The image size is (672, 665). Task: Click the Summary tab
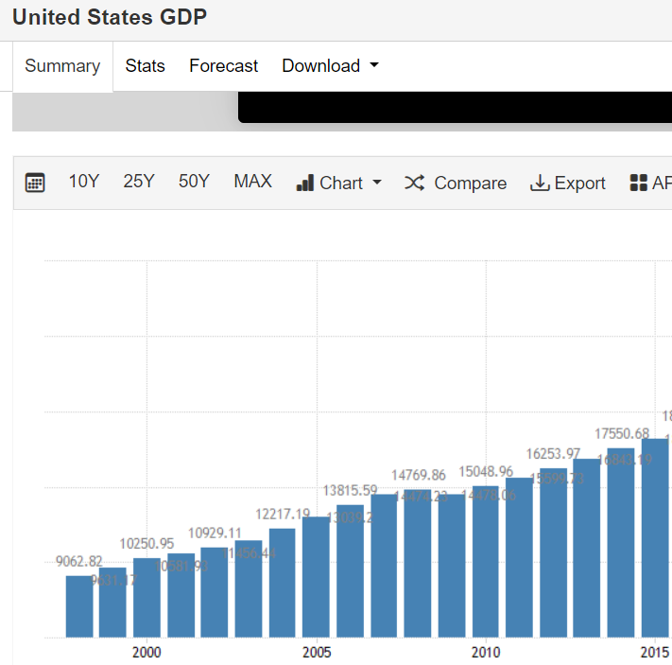[62, 66]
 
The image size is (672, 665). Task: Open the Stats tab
[145, 66]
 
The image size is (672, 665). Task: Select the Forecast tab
[223, 66]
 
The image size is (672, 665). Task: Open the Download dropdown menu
[330, 66]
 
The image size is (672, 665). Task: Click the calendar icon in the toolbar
[35, 183]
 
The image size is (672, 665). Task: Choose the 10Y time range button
[83, 182]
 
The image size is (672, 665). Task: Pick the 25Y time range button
[138, 182]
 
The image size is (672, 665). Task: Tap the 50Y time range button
[194, 182]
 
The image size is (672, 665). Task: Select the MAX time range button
[252, 182]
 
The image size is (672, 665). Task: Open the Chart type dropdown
[338, 183]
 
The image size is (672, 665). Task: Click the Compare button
[456, 183]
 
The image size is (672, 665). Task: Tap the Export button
[567, 183]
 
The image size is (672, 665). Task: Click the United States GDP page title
[110, 17]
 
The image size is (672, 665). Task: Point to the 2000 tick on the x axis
[146, 652]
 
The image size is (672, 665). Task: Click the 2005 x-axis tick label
[317, 652]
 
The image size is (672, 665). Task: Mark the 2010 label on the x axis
[486, 652]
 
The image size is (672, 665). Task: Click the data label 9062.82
[78, 561]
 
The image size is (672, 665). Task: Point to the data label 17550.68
[620, 433]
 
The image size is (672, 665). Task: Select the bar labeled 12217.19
[282, 582]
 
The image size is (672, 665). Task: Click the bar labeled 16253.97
[553, 552]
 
